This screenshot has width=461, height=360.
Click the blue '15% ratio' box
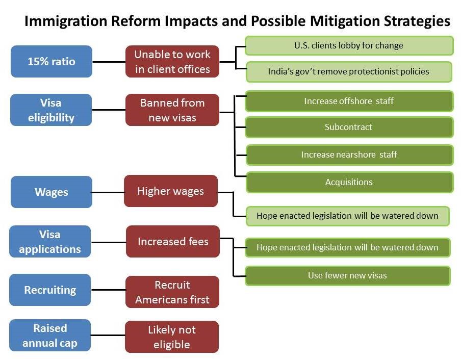(x=52, y=61)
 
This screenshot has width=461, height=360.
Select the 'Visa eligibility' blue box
(x=51, y=110)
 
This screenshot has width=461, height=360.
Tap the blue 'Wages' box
(x=52, y=192)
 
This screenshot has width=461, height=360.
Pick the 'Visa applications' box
(x=50, y=242)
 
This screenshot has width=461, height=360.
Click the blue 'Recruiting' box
(x=50, y=290)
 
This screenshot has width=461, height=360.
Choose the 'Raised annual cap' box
(x=50, y=336)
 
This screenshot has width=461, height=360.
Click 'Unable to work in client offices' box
(x=172, y=61)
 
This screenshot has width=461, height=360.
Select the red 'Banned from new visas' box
(x=172, y=110)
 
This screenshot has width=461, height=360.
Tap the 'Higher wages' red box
(x=171, y=191)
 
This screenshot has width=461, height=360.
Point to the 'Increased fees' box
(x=173, y=242)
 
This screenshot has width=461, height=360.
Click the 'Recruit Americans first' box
(x=172, y=292)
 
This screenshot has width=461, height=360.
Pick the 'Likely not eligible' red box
(x=172, y=337)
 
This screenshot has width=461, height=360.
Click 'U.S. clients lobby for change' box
(x=349, y=45)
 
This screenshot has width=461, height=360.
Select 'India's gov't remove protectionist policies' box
(x=349, y=71)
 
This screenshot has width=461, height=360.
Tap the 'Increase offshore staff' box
(x=349, y=101)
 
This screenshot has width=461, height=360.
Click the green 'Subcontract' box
(x=349, y=127)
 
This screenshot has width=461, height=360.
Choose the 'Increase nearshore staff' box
(x=349, y=155)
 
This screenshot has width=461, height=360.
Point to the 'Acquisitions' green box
(x=349, y=182)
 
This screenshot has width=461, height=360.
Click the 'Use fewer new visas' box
(x=348, y=276)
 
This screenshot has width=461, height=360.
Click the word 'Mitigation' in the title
(x=345, y=21)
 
